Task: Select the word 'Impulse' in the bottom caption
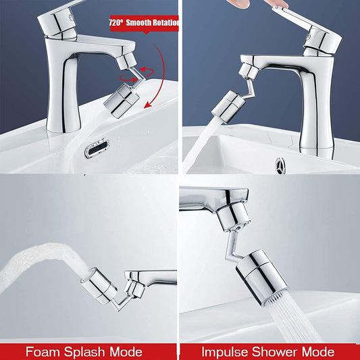(x=227, y=351)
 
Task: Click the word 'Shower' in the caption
(x=279, y=351)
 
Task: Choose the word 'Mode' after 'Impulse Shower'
(x=317, y=351)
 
